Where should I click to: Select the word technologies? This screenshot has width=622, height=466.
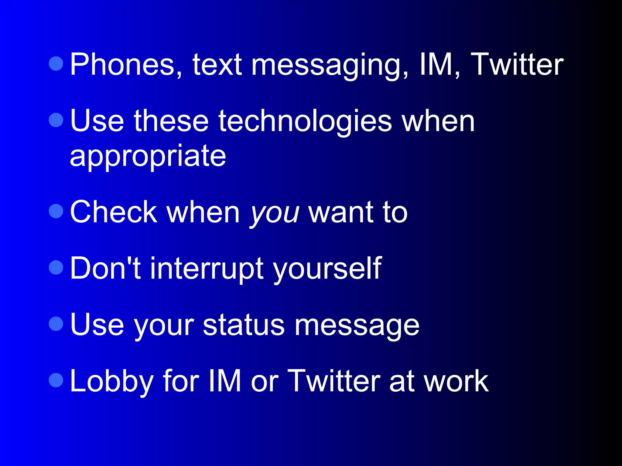[x=305, y=122]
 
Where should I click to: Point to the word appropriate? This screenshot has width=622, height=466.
[x=148, y=157]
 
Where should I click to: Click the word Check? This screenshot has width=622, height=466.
[x=113, y=212]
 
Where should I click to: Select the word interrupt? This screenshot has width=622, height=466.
[x=207, y=269]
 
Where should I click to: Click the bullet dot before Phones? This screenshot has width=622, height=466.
[x=56, y=63]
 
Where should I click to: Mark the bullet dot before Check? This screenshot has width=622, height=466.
[x=56, y=211]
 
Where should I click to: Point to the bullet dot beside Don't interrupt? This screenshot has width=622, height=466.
[x=56, y=267]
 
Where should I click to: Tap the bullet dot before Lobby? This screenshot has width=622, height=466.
[x=56, y=380]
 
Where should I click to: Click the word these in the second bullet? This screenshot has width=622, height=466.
[x=171, y=122]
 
